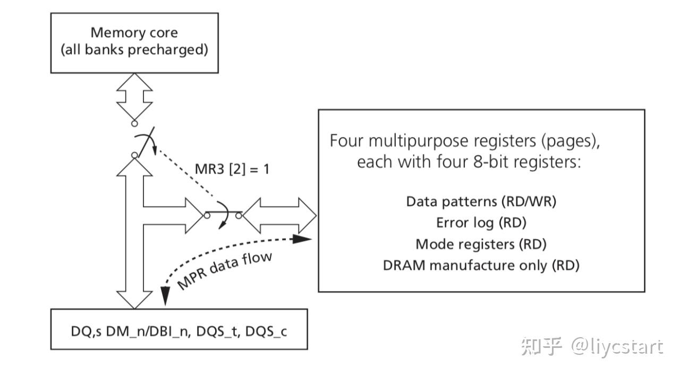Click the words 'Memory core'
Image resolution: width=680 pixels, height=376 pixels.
pyautogui.click(x=134, y=32)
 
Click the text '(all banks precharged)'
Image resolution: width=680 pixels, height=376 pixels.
pyautogui.click(x=134, y=50)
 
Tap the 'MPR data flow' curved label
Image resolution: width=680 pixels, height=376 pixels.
pyautogui.click(x=224, y=271)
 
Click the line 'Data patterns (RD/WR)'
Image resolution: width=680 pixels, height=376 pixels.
pyautogui.click(x=481, y=202)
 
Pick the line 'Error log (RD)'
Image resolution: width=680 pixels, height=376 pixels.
pyautogui.click(x=481, y=223)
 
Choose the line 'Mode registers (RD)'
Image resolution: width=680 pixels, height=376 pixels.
pyautogui.click(x=481, y=244)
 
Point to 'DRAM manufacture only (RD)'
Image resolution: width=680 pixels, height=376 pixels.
pyautogui.click(x=481, y=265)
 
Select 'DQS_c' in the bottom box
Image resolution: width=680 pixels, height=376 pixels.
pyautogui.click(x=268, y=331)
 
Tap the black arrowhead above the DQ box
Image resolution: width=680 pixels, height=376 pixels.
pyautogui.click(x=164, y=298)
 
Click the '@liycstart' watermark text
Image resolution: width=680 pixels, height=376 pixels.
pyautogui.click(x=617, y=347)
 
